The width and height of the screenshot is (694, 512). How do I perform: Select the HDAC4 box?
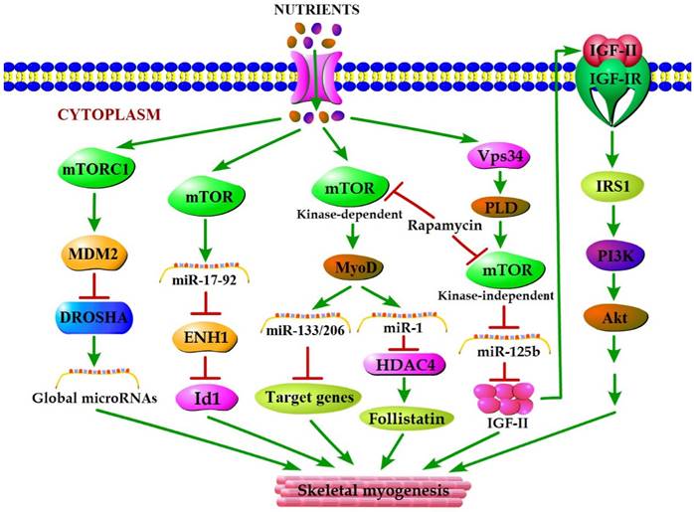[400, 367]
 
